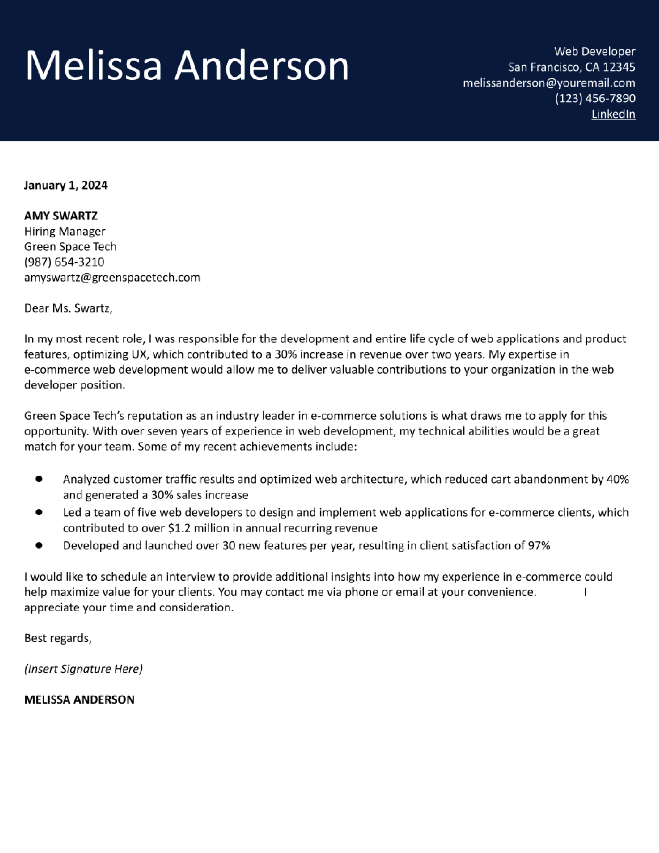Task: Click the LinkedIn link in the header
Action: [x=613, y=114]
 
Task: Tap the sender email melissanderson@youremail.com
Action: [x=549, y=83]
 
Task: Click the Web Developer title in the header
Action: [x=595, y=51]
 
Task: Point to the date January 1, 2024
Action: [x=66, y=185]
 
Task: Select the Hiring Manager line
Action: [x=64, y=231]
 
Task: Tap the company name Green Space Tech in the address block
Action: [x=70, y=246]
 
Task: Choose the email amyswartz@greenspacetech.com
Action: [x=112, y=277]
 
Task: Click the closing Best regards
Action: [x=58, y=638]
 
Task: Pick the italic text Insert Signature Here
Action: [x=83, y=669]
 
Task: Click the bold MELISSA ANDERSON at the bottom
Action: [x=79, y=699]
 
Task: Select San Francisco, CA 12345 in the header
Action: [x=572, y=67]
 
